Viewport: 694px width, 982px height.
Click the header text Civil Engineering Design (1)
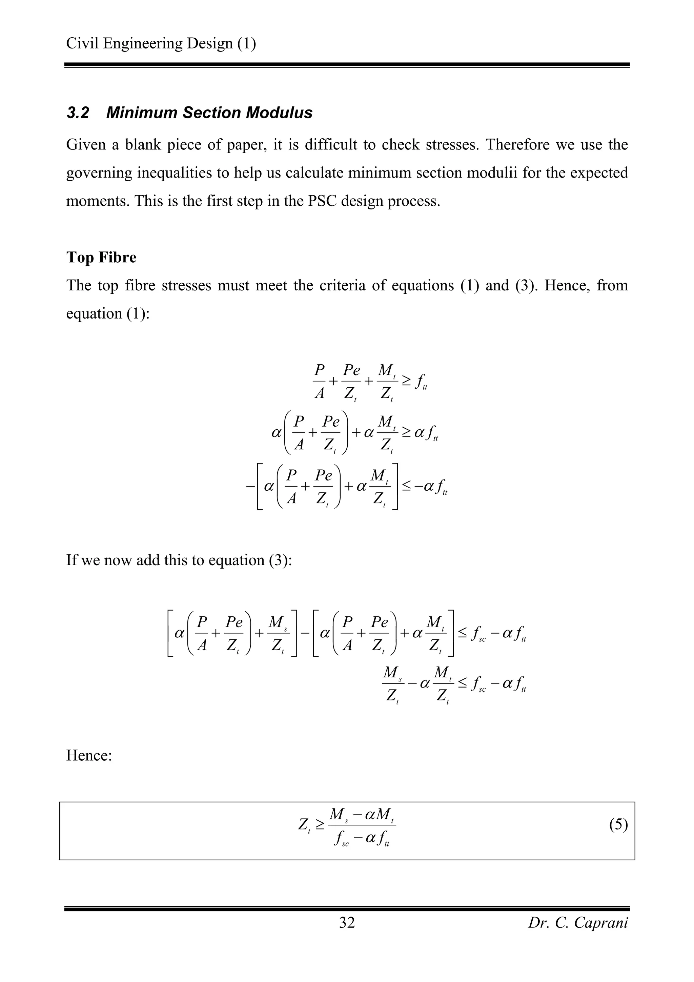pos(161,44)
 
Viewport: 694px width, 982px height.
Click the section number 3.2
pos(78,113)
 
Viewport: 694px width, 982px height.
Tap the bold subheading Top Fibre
pos(101,258)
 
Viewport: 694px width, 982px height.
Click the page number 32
pos(347,923)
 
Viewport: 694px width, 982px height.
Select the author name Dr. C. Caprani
pos(578,923)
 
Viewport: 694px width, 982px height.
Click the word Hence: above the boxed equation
pos(89,755)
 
